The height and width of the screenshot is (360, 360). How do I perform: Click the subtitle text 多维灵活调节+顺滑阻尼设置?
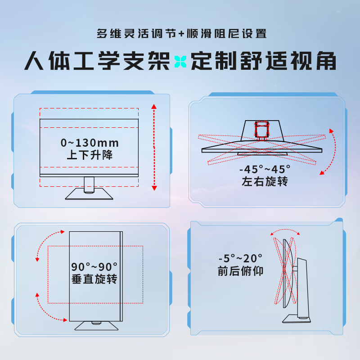coord(181,34)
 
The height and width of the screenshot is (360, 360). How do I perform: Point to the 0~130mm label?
coord(90,143)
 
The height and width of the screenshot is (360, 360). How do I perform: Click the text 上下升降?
coord(90,156)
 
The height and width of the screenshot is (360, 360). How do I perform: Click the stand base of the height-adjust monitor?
coord(89,194)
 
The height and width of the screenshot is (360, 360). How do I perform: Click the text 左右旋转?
coord(265,182)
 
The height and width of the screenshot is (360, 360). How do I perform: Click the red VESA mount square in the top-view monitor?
coord(261,130)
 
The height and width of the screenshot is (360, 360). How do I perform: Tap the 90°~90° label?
coord(94,266)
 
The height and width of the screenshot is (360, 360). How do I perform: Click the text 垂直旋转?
coord(94,279)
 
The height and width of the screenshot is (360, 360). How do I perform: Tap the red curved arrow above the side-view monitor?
coord(285,232)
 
